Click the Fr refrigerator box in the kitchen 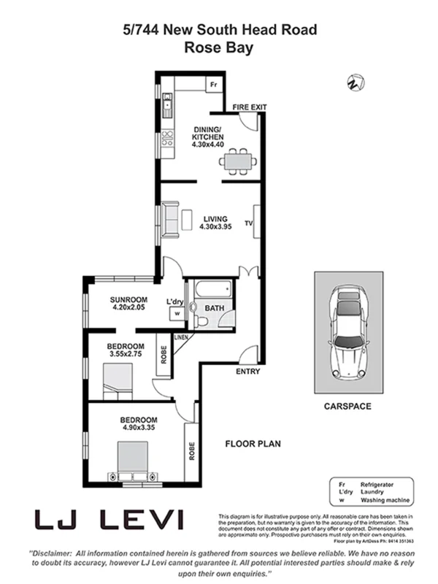(214, 85)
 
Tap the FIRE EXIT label (250, 107)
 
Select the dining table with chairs (237, 160)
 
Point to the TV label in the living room (249, 223)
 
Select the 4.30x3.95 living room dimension (215, 228)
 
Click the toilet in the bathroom (200, 320)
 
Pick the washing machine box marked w (176, 314)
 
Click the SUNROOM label (129, 299)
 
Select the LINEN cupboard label (180, 337)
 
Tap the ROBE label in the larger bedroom (191, 448)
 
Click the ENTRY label (248, 372)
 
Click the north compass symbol (356, 82)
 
